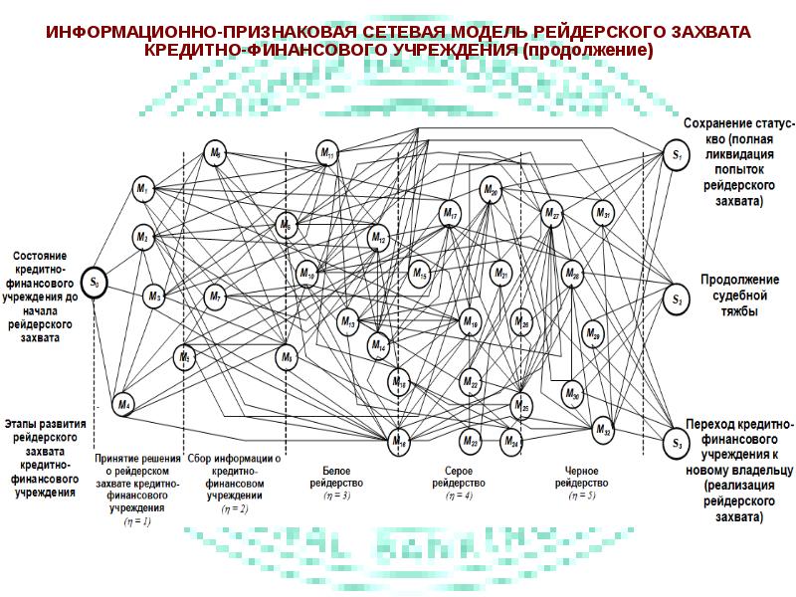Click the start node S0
click(95, 283)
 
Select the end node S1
click(676, 154)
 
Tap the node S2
click(676, 298)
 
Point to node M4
click(124, 404)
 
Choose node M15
click(419, 273)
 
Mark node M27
click(553, 213)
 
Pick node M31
click(603, 212)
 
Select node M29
click(593, 333)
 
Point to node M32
click(603, 429)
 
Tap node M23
click(471, 439)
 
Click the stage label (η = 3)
click(336, 495)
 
